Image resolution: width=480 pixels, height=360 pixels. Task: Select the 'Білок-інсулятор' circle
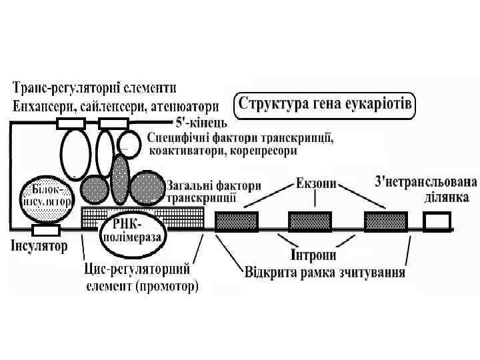(x=47, y=195)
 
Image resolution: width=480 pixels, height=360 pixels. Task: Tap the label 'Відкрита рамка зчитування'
(x=326, y=273)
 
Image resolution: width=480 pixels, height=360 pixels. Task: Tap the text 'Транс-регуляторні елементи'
(x=94, y=87)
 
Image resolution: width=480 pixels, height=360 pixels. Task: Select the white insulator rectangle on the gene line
(x=47, y=230)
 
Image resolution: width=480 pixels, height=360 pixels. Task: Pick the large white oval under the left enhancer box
(x=75, y=152)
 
